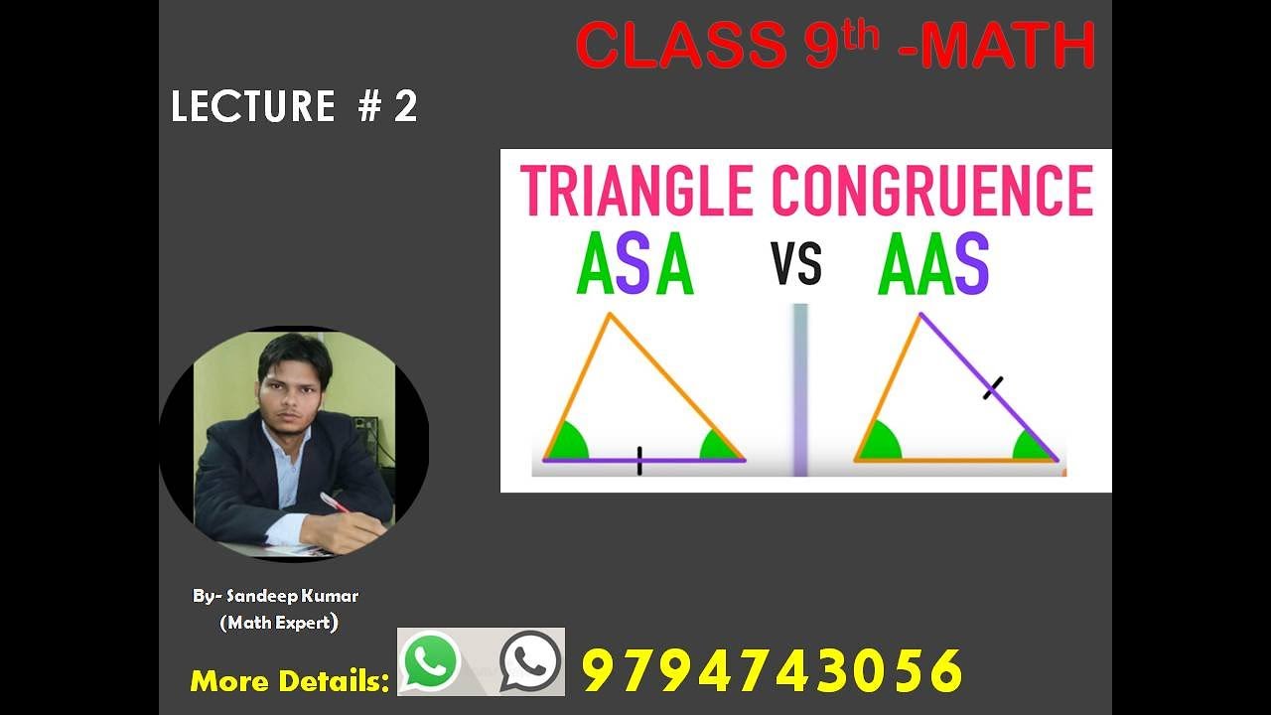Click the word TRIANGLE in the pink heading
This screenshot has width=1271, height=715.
pos(635,191)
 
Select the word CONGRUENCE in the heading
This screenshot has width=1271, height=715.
pos(931,191)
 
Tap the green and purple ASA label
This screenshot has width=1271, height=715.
pos(635,265)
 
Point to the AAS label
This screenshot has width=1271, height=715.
pos(933,265)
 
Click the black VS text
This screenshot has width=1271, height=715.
pos(795,266)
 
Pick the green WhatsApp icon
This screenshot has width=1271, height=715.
pos(432,660)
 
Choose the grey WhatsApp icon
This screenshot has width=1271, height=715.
pos(530,660)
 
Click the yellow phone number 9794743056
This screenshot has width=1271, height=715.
pos(772,670)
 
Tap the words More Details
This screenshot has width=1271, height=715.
pos(289,681)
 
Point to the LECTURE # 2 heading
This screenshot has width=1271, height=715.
pos(294,106)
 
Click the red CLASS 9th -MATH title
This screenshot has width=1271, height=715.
pos(835,46)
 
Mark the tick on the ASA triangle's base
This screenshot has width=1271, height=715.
pos(639,461)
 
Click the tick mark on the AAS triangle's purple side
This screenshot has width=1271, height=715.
pos(992,386)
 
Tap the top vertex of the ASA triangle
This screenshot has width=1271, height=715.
pos(610,316)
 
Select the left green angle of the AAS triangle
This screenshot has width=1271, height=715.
pos(877,444)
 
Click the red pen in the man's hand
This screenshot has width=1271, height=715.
pos(334,501)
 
